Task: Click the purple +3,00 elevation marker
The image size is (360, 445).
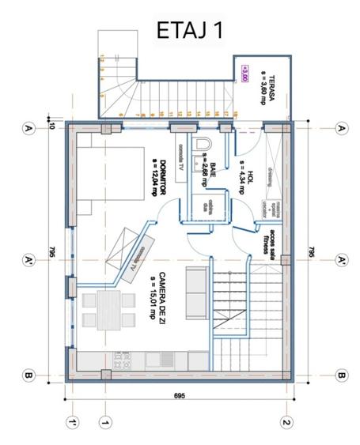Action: (x=245, y=74)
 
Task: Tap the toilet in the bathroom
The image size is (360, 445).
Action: (x=204, y=143)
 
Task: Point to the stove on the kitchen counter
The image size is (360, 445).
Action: (x=123, y=360)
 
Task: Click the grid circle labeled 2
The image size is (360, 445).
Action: (x=286, y=423)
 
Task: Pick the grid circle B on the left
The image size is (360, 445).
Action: (x=28, y=375)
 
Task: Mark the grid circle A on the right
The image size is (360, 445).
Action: (x=342, y=128)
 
